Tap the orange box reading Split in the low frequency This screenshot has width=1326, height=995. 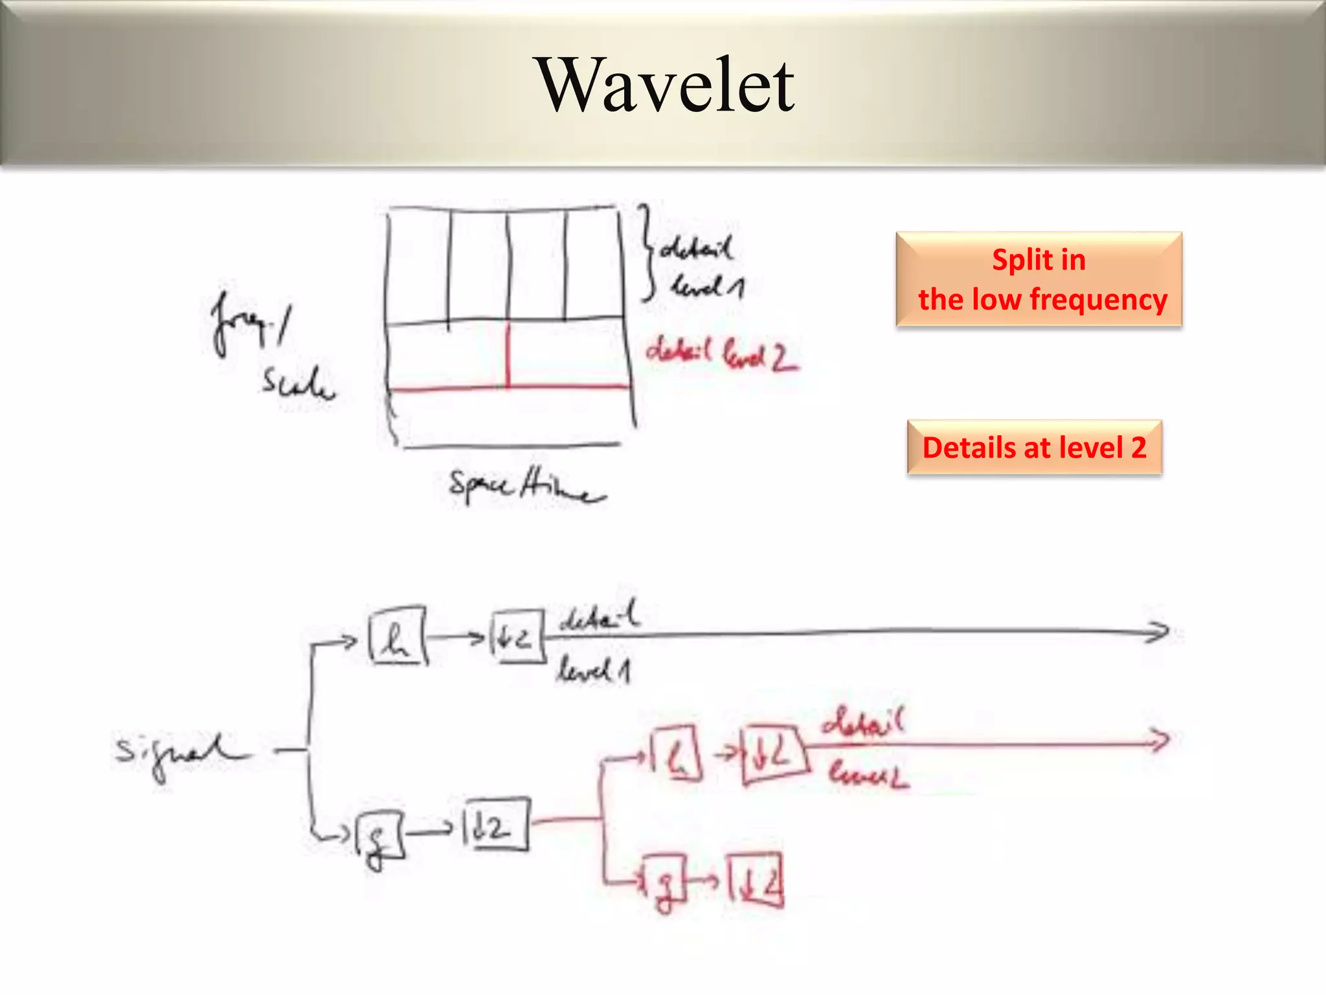pyautogui.click(x=1039, y=279)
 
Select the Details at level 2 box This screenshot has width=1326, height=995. pyautogui.click(x=1034, y=448)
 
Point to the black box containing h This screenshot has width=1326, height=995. pyautogui.click(x=398, y=636)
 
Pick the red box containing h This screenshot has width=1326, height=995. pyautogui.click(x=676, y=753)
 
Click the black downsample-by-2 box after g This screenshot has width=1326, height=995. pyautogui.click(x=496, y=825)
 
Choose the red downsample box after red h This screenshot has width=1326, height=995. pyautogui.click(x=774, y=754)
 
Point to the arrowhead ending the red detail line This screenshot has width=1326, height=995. pyautogui.click(x=1159, y=740)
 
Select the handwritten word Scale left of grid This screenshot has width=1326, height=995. pyautogui.click(x=298, y=382)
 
